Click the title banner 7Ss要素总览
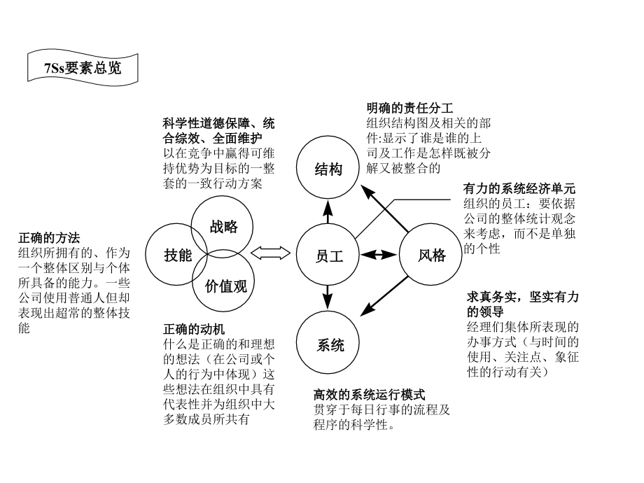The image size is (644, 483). tap(83, 68)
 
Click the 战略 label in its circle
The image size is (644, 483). tap(224, 226)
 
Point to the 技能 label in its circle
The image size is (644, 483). tap(178, 255)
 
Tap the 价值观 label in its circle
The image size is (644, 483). tap(226, 286)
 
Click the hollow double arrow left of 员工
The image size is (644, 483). tap(270, 253)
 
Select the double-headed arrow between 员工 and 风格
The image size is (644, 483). tap(379, 255)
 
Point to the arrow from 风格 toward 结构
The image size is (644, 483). tap(384, 208)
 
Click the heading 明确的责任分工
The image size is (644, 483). tap(410, 108)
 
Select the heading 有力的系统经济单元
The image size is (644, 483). tap(519, 188)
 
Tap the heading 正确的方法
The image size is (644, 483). tap(49, 238)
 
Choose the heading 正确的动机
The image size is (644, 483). tap(194, 329)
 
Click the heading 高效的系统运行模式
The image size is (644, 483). tap(369, 395)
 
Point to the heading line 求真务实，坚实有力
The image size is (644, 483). tap(522, 297)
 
